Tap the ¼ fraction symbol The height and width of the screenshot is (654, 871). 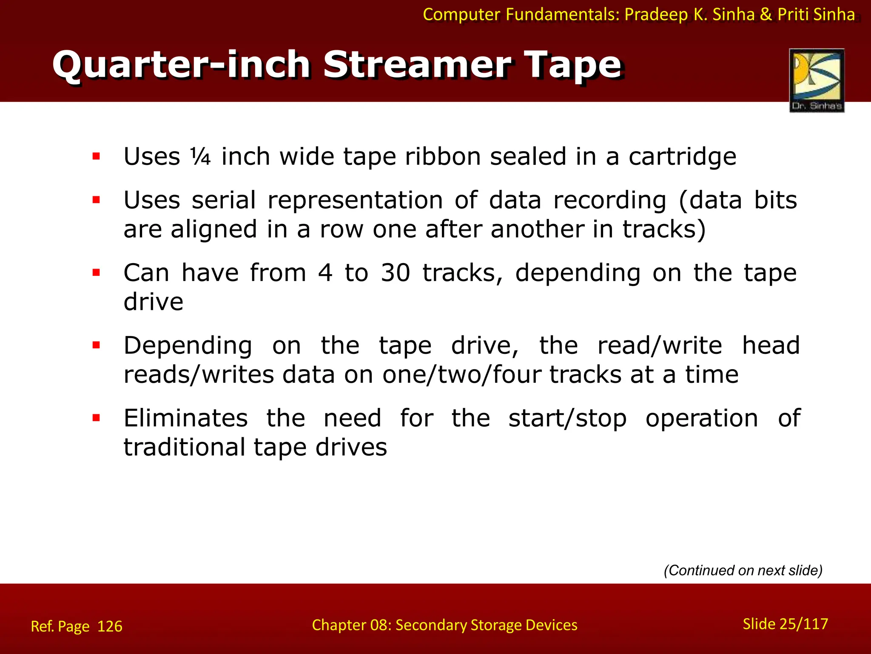pyautogui.click(x=200, y=157)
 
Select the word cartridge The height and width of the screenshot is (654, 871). pyautogui.click(x=682, y=157)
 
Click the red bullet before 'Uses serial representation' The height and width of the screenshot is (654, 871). pyautogui.click(x=97, y=200)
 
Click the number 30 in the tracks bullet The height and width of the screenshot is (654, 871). pyautogui.click(x=395, y=273)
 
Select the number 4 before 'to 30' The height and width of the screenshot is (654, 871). pyautogui.click(x=325, y=273)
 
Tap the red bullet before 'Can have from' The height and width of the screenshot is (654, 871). pyautogui.click(x=97, y=272)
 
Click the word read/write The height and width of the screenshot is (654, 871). pyautogui.click(x=660, y=345)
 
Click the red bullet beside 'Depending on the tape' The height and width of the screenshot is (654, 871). pyautogui.click(x=97, y=345)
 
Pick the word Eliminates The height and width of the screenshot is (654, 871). pyautogui.click(x=186, y=418)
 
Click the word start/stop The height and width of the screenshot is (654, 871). pyautogui.click(x=567, y=419)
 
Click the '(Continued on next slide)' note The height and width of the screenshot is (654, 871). pyautogui.click(x=743, y=570)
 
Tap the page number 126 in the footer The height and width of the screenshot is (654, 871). pyautogui.click(x=110, y=626)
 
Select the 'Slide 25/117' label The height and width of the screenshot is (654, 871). pyautogui.click(x=785, y=624)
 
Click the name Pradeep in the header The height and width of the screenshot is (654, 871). pyautogui.click(x=656, y=14)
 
